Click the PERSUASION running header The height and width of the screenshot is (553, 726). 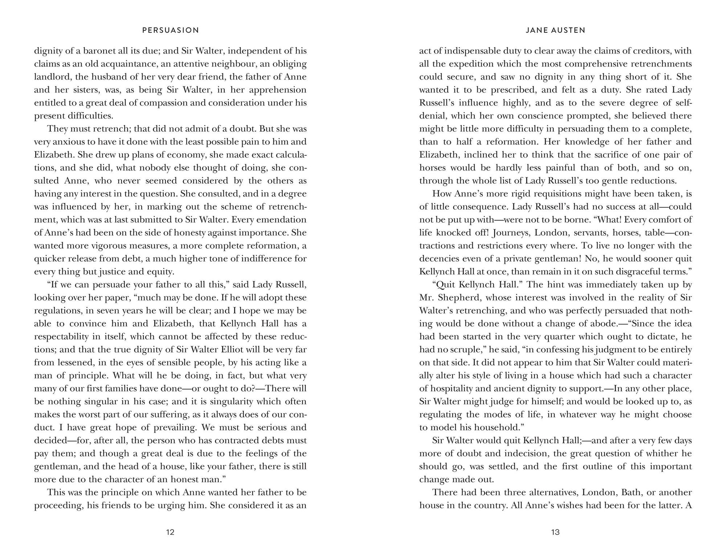pyautogui.click(x=171, y=31)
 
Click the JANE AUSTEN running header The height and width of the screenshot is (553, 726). pyautogui.click(x=555, y=31)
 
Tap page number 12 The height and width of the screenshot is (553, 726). pyautogui.click(x=170, y=532)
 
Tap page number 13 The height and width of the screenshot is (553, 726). pyautogui.click(x=555, y=532)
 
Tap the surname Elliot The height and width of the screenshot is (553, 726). pyautogui.click(x=233, y=350)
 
